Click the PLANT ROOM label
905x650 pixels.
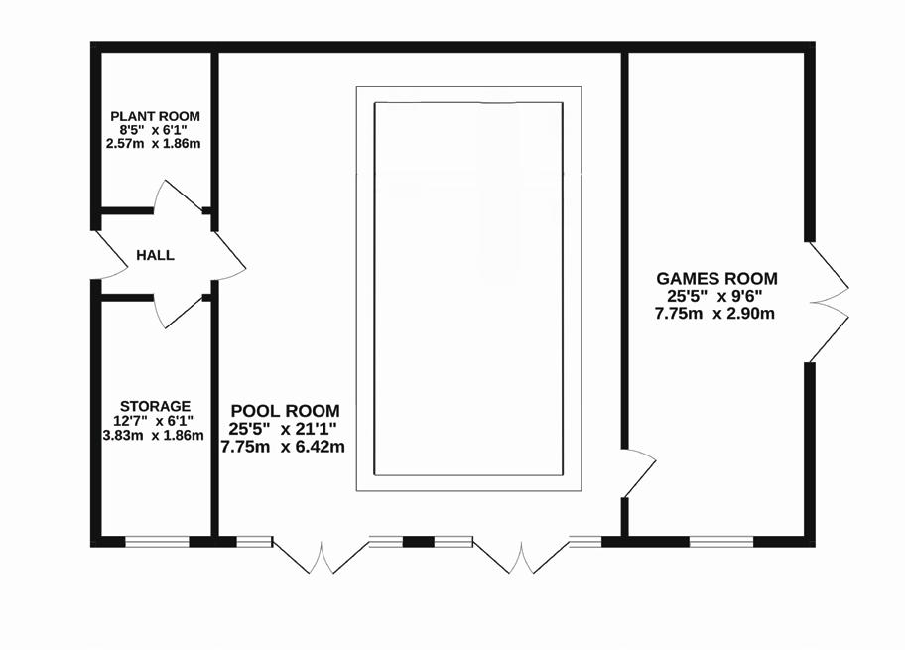coord(154,116)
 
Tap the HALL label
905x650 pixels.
coord(155,255)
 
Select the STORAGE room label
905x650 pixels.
coord(155,406)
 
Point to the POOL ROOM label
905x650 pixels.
coord(285,411)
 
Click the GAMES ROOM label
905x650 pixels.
coord(717,279)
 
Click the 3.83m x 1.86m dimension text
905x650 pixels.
coord(155,435)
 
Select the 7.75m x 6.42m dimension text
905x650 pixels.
coord(283,447)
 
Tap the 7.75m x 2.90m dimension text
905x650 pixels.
coord(714,314)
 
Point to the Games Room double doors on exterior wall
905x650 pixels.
coord(829,302)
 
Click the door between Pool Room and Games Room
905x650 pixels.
coord(638,474)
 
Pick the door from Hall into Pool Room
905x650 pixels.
coord(228,255)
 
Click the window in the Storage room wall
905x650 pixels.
coord(157,541)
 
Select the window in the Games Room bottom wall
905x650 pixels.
coord(721,541)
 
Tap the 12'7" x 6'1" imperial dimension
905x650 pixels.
coord(155,421)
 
